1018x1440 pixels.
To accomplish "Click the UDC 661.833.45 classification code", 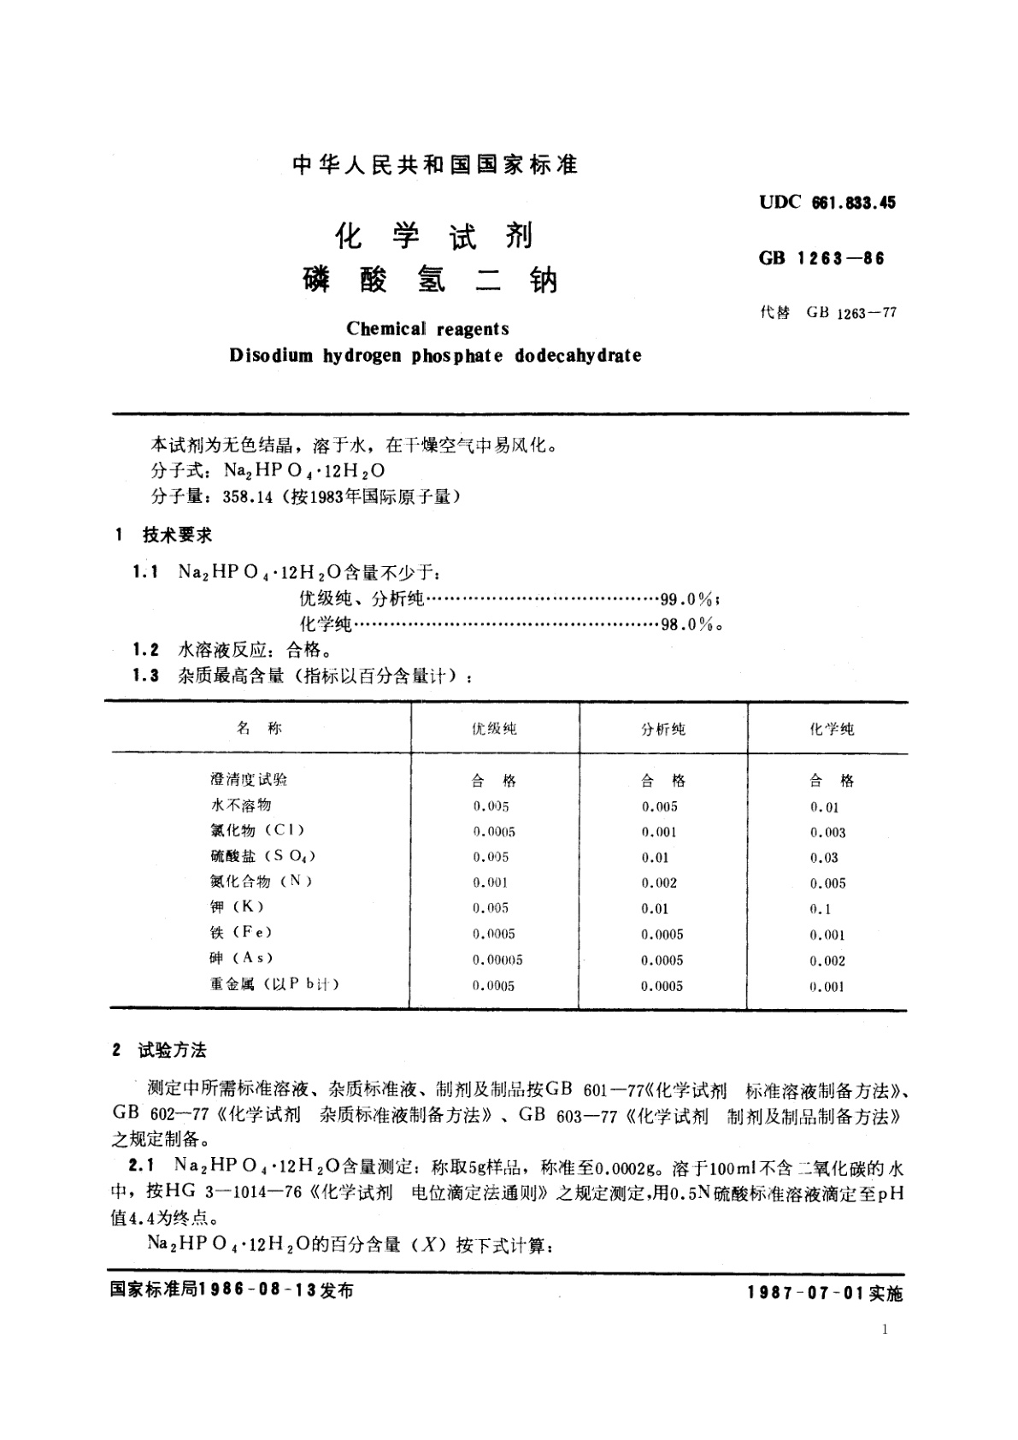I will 827,203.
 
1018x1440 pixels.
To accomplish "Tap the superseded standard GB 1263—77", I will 850,312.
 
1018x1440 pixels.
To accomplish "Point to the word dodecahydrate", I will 578,356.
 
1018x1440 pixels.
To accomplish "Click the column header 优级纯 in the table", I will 494,729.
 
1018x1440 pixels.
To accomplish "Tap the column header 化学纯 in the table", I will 831,729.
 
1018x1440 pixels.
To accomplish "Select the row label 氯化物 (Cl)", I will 256,830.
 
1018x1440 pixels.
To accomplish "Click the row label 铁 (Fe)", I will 241,933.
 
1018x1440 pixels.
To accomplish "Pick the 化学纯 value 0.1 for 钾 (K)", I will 821,909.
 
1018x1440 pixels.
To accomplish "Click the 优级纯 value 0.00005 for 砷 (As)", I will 497,960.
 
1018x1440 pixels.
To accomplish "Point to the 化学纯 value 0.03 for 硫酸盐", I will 824,858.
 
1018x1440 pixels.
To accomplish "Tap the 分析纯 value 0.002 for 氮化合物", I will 659,883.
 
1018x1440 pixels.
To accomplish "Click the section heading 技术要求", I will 177,535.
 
